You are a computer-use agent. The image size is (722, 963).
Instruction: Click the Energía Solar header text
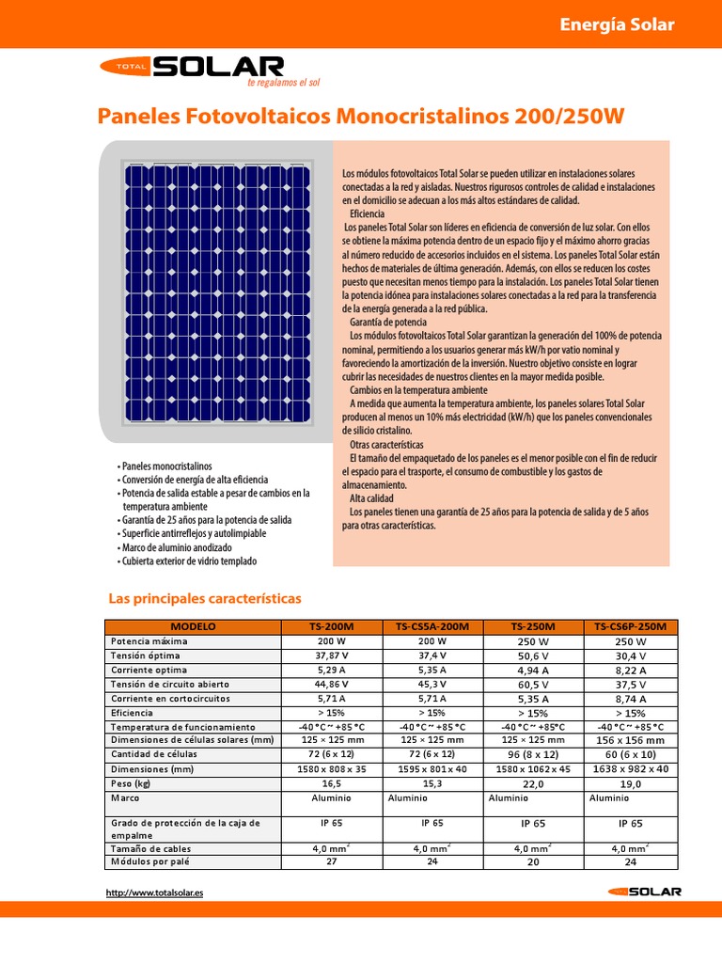(x=617, y=24)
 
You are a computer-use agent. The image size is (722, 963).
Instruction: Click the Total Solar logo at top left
(x=192, y=67)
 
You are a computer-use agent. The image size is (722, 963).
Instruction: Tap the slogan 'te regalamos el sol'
(x=283, y=83)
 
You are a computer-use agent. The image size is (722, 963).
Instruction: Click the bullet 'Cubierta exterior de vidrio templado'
(x=188, y=561)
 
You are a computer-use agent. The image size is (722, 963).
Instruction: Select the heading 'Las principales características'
(x=204, y=598)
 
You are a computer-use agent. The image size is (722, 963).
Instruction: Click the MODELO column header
(x=194, y=626)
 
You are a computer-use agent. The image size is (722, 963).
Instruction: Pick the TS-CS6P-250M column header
(x=630, y=626)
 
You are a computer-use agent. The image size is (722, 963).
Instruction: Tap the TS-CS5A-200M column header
(x=433, y=626)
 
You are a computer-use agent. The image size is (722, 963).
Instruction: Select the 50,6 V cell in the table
(x=533, y=655)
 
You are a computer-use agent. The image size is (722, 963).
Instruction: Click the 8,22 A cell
(x=630, y=671)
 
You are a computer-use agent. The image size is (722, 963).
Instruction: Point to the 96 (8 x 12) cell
(x=533, y=754)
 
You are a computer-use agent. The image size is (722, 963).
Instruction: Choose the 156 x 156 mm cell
(x=630, y=740)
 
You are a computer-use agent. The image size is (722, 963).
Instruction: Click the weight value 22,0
(x=533, y=783)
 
